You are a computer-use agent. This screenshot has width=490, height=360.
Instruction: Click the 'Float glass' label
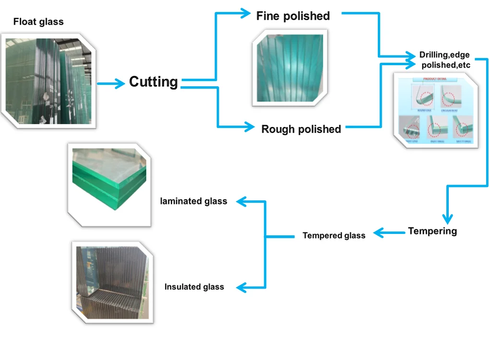point(38,22)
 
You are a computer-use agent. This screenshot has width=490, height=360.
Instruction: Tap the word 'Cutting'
point(153,82)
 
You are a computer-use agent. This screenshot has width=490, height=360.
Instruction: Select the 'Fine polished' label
point(293,16)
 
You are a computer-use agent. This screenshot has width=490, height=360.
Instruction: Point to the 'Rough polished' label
point(301,129)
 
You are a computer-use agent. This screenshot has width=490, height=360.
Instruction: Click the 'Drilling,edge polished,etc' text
point(444,60)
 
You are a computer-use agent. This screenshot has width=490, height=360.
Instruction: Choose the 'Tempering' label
point(432,231)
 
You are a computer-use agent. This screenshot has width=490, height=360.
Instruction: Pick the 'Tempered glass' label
point(334,235)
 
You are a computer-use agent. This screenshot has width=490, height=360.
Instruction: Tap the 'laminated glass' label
point(194,201)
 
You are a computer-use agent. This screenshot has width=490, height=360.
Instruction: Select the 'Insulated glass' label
point(194,287)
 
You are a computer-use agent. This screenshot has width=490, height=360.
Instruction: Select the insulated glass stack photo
point(113,282)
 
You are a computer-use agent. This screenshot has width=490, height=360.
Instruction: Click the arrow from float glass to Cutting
point(110,84)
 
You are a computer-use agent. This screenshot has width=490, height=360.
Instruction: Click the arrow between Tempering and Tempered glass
point(389,233)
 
